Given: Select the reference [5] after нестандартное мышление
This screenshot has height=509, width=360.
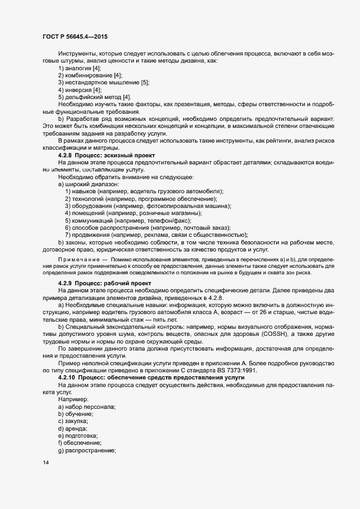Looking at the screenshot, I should [x=145, y=82].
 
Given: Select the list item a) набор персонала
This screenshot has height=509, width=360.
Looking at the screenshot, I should [x=87, y=408].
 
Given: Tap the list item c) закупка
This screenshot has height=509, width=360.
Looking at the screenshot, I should [x=73, y=422].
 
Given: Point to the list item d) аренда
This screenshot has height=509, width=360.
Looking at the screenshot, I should [x=72, y=430].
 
